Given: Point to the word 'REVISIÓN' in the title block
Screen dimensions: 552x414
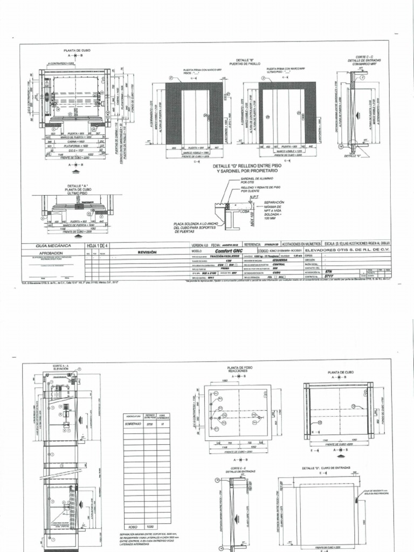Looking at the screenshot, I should click(x=147, y=251).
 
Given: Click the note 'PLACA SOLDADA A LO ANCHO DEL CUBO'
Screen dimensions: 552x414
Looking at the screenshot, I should click(x=188, y=226).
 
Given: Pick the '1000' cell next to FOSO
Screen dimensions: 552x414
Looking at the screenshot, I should click(x=150, y=527).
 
